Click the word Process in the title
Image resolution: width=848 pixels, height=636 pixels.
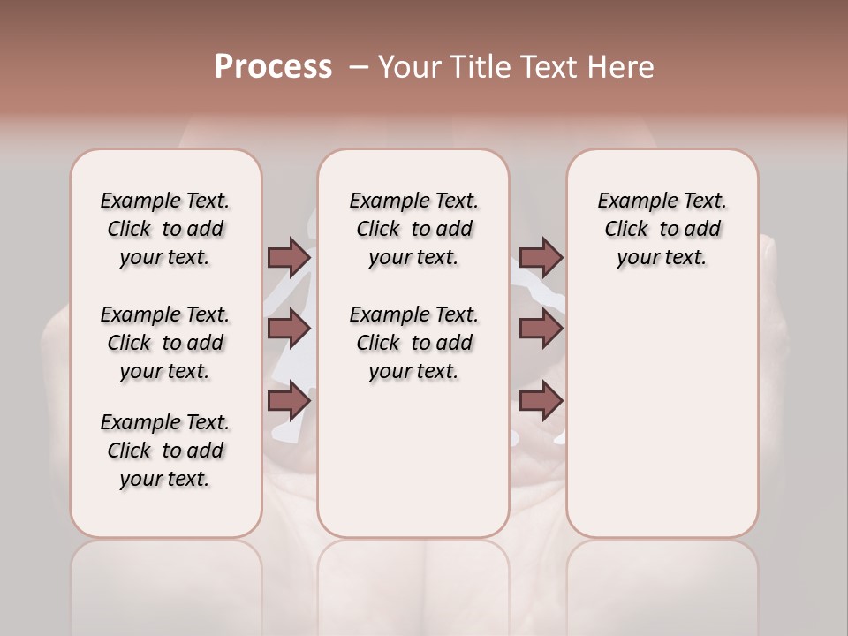tap(273, 66)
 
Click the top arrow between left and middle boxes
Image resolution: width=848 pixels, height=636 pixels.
tap(288, 258)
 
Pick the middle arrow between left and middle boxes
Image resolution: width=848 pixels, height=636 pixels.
tap(288, 329)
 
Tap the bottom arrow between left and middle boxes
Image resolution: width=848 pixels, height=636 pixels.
tap(288, 401)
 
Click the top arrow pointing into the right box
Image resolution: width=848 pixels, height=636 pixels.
tap(541, 258)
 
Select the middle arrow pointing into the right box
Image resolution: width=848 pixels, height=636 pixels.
tap(541, 329)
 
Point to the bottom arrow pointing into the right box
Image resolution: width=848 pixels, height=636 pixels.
tap(541, 401)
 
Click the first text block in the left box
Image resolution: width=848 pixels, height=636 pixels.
tap(165, 229)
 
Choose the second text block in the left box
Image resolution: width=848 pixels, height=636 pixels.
tap(165, 343)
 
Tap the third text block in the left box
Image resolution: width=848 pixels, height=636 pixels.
tap(165, 450)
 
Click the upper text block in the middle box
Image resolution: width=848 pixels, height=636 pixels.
tap(413, 229)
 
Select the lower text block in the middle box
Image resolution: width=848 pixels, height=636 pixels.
tap(413, 343)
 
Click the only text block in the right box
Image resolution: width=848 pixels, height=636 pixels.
tap(662, 229)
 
